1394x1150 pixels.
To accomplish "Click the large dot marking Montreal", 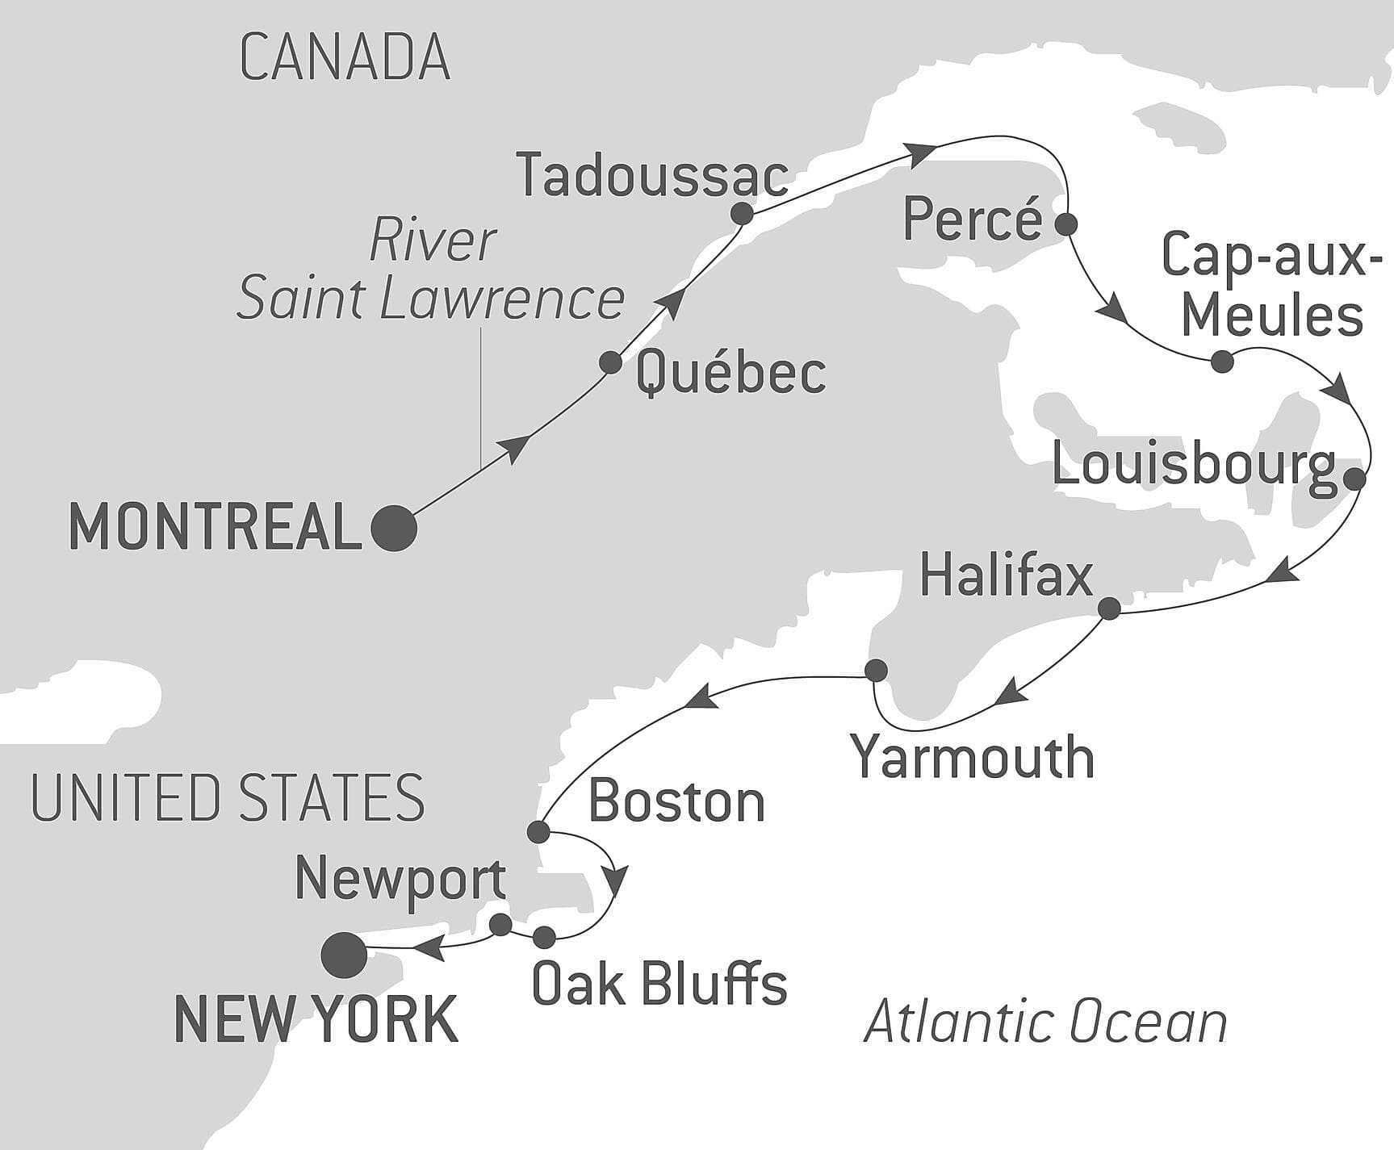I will [x=394, y=529].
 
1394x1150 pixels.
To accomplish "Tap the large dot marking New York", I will [x=344, y=955].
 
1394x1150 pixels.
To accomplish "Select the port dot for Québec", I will [x=611, y=362].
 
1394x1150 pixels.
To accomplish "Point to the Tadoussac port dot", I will [x=742, y=214].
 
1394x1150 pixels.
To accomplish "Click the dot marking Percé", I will [x=1066, y=224].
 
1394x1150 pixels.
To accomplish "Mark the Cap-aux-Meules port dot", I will [x=1223, y=362].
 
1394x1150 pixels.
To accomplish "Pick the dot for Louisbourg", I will [x=1354, y=479].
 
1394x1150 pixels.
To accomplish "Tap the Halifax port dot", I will [x=1110, y=608].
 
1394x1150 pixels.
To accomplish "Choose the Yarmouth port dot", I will [x=876, y=670].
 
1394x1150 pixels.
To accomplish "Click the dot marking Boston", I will [x=538, y=831].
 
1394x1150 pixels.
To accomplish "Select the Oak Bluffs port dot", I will [x=545, y=937].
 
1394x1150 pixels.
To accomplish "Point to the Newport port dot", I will [x=500, y=924].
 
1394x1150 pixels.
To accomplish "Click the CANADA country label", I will [x=345, y=57].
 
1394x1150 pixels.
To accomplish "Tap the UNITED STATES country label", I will [x=228, y=797].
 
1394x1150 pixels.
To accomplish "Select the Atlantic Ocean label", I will [x=1045, y=1022].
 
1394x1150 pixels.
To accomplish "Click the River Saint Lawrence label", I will [x=431, y=270].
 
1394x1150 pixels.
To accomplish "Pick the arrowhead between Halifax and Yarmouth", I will [x=1011, y=693].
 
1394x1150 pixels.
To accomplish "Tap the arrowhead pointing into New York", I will [x=431, y=947].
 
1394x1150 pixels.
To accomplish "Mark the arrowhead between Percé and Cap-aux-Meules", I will [x=1113, y=311].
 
